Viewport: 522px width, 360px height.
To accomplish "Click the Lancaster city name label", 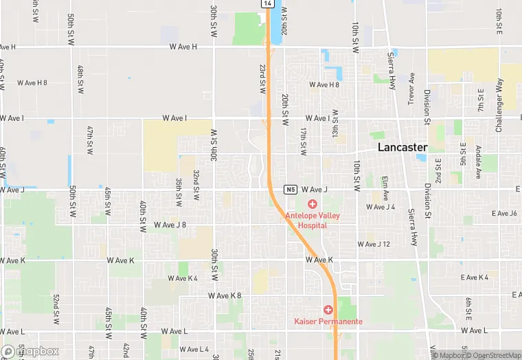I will [x=402, y=148].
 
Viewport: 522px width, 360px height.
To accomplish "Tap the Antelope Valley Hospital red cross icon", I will [x=313, y=204].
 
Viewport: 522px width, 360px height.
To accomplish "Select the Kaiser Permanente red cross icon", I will [x=328, y=310].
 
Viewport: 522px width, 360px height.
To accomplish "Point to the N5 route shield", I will [x=291, y=189].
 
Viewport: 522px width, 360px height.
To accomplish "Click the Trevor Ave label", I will [x=411, y=86].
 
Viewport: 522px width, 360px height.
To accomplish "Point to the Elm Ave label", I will [x=385, y=189].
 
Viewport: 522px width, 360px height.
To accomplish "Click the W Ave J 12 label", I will [x=373, y=244].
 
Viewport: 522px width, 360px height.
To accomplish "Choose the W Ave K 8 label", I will [x=225, y=295].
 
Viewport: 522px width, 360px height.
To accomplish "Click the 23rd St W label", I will [x=262, y=80].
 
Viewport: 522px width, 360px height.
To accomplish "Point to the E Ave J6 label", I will [x=503, y=214].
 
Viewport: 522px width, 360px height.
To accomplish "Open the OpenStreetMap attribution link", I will [x=495, y=355].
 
